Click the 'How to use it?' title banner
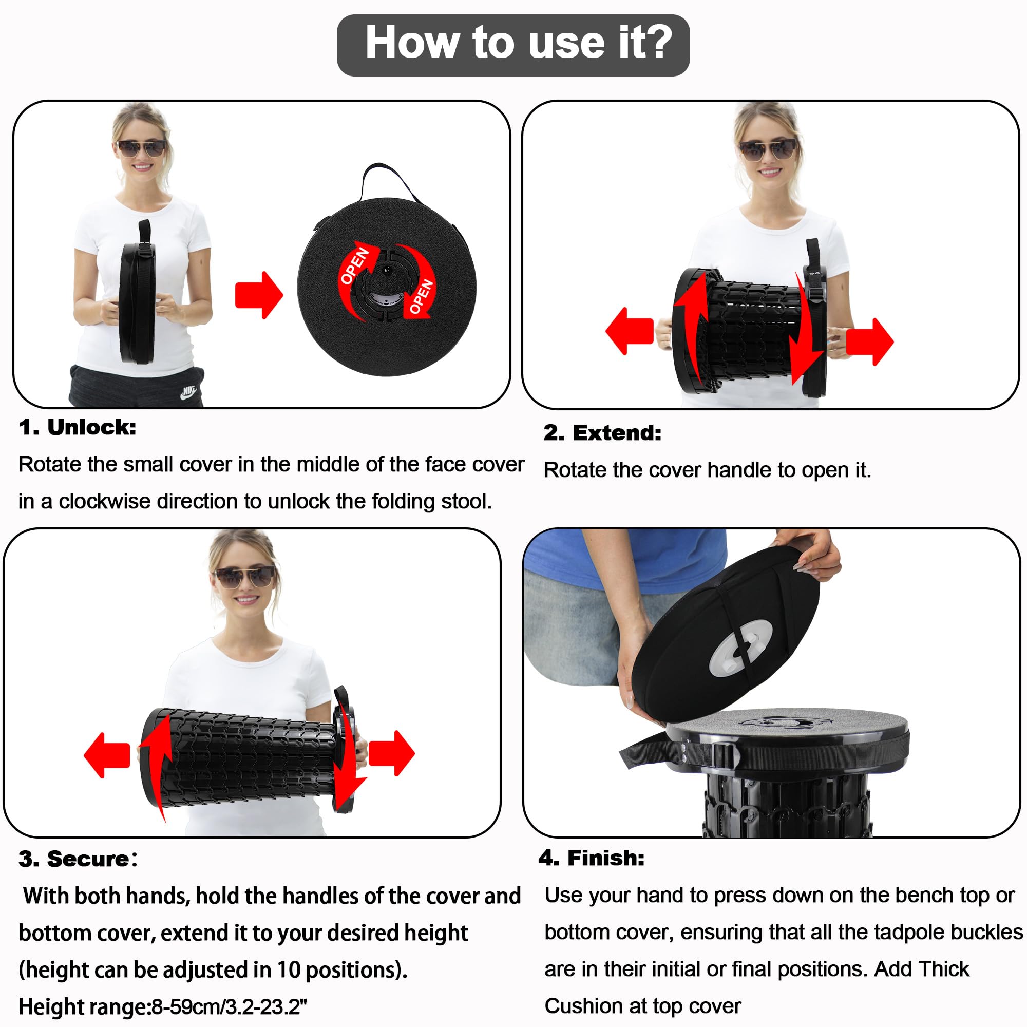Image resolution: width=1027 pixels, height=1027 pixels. pos(513,45)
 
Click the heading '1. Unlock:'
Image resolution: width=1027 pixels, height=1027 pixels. pos(78,427)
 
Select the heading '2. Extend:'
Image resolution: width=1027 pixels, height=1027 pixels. pos(602,433)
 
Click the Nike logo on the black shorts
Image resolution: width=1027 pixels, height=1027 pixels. pos(188,393)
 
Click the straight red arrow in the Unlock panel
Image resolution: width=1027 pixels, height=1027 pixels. pos(259,296)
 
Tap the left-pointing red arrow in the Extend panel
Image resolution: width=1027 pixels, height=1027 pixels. pos(630,331)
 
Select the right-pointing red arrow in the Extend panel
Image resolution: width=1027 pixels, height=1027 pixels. pos(870,341)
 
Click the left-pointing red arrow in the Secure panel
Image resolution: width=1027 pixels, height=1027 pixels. pos(107,755)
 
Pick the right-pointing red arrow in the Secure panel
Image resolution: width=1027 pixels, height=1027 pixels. pos(391,753)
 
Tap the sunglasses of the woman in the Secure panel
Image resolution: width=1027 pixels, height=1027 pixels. pos(245,577)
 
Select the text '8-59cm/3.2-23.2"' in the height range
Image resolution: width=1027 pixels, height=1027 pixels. pos(230,1006)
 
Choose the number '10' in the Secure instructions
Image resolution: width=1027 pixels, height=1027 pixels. pos(289,969)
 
